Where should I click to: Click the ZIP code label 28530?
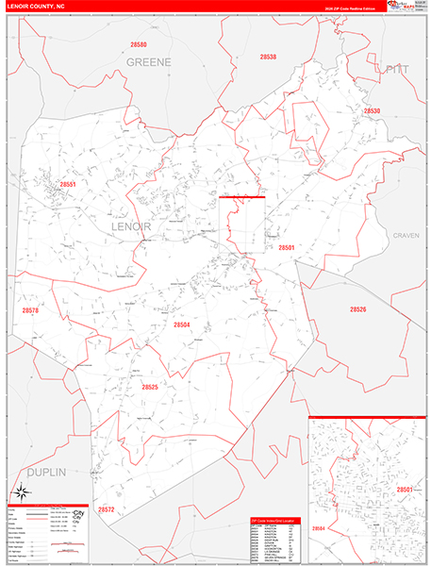pyautogui.click(x=372, y=110)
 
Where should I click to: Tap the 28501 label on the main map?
pyautogui.click(x=287, y=247)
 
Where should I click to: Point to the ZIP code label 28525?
pyautogui.click(x=151, y=387)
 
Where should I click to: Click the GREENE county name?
pyautogui.click(x=150, y=61)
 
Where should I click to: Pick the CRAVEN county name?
pyautogui.click(x=406, y=234)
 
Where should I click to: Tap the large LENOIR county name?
pyautogui.click(x=132, y=227)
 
